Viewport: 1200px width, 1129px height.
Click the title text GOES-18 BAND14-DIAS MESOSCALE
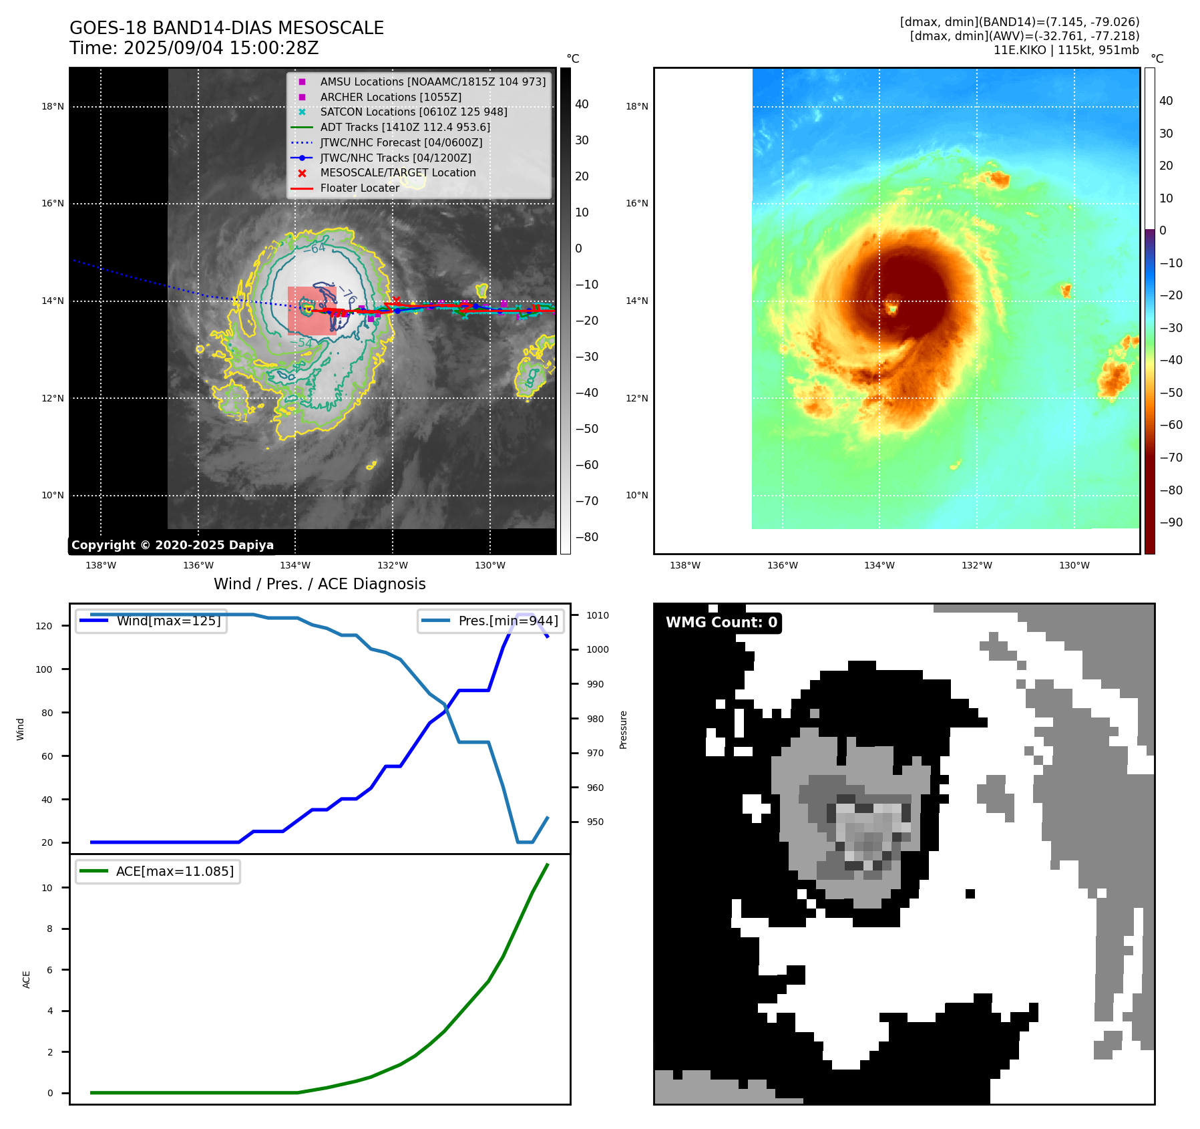pos(226,28)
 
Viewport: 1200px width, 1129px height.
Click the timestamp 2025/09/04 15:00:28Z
pos(221,48)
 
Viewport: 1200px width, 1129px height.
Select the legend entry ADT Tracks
pos(405,127)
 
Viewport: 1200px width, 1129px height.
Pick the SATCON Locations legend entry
pos(413,112)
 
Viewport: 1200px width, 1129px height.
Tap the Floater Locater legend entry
pos(359,188)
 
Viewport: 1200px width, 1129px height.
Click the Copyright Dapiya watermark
pos(172,544)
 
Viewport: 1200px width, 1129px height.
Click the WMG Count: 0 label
pos(721,623)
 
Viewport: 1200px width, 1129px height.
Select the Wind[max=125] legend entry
pos(168,621)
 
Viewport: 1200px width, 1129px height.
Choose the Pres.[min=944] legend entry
pos(508,621)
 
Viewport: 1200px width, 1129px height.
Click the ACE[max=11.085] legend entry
pos(175,871)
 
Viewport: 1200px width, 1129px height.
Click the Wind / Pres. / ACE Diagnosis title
pos(319,584)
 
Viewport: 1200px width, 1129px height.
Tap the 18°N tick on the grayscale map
pos(53,106)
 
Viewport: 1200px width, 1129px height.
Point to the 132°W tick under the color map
pos(976,565)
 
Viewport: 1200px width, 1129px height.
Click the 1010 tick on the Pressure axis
pos(598,615)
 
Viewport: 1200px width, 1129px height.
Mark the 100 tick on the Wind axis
pos(44,669)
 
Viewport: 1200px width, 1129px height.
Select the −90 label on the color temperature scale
pos(1171,522)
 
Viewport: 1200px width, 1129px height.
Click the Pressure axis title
pos(623,730)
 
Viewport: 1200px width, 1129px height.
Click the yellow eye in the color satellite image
pos(891,309)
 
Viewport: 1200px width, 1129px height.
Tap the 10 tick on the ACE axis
pos(47,888)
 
